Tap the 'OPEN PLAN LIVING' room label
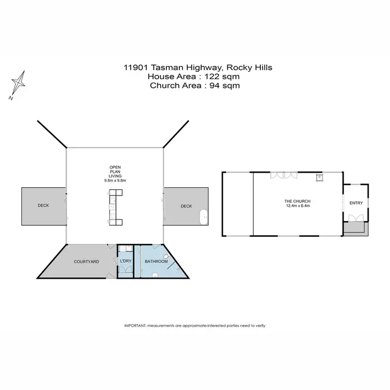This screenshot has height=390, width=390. (115, 172)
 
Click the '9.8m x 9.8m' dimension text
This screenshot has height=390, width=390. (115, 180)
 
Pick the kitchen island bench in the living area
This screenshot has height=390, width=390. (114, 207)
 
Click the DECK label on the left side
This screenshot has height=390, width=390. (43, 206)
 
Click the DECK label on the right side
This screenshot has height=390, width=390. (186, 206)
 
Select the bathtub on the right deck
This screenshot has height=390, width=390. (203, 214)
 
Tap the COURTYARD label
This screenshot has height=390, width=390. (86, 262)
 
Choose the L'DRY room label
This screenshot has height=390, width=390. (125, 261)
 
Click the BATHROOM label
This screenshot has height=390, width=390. (156, 261)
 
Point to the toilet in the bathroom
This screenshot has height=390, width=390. (165, 256)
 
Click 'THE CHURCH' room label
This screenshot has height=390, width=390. (297, 201)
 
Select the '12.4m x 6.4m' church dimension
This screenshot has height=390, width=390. (297, 206)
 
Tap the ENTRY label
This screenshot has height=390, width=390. (356, 203)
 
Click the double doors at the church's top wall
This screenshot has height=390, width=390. (284, 176)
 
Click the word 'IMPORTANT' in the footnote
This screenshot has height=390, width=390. (135, 325)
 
